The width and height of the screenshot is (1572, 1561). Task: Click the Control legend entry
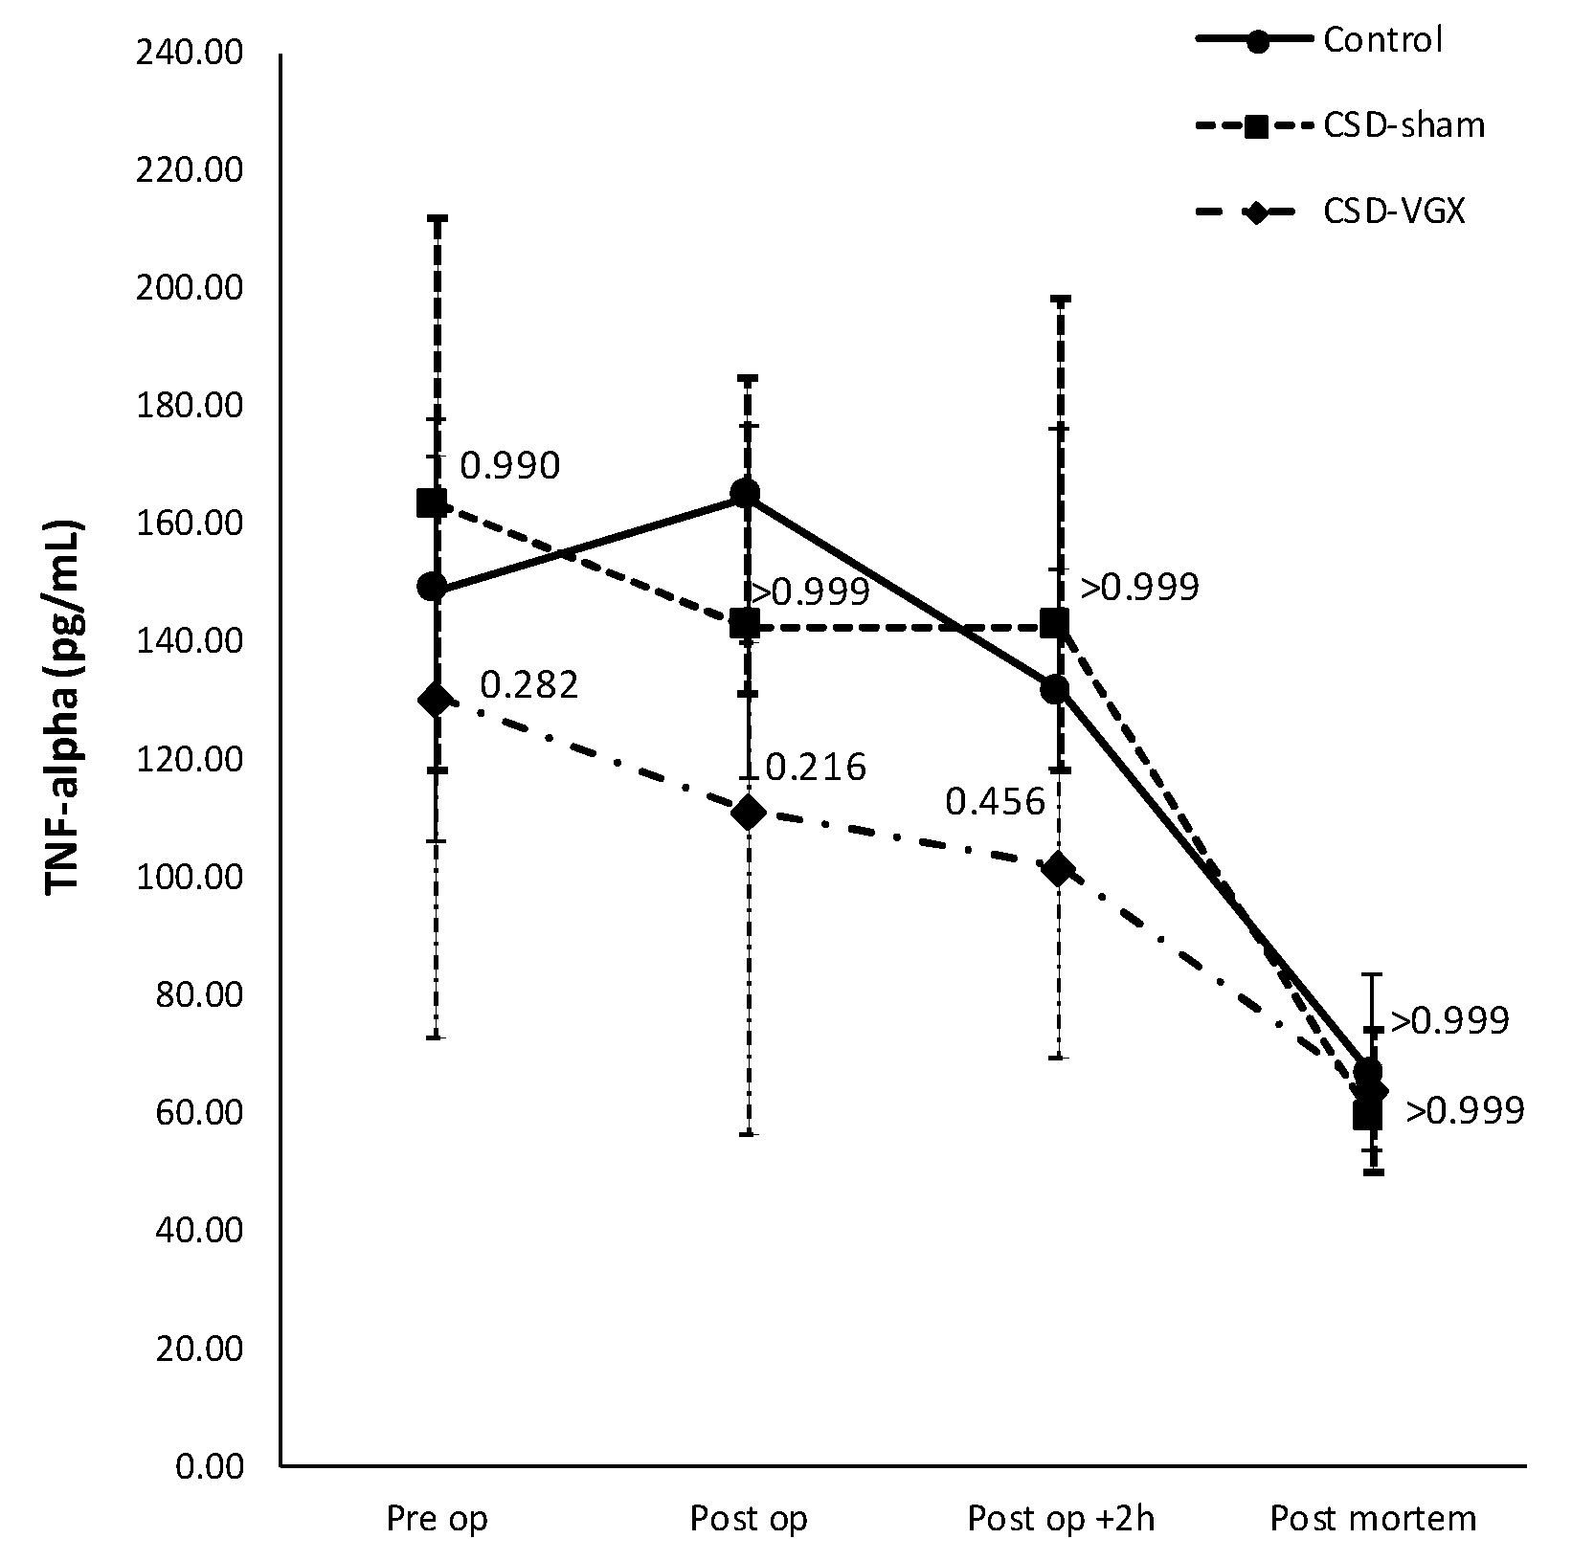point(1381,40)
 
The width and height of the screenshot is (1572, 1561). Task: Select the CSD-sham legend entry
point(1403,125)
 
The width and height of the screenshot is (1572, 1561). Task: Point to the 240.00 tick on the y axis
point(191,54)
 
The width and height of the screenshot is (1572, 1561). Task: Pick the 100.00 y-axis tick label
point(191,878)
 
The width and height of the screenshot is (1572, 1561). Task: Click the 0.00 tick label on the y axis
point(211,1466)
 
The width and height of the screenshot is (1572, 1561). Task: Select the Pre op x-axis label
point(437,1518)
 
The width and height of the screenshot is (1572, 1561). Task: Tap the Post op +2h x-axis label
point(1061,1518)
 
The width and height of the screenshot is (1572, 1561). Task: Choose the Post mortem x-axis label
point(1373,1518)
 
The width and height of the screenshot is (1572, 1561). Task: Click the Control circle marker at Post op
point(745,494)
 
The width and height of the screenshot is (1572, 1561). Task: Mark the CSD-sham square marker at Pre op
point(432,502)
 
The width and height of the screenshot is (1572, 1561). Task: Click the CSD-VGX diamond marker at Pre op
point(436,700)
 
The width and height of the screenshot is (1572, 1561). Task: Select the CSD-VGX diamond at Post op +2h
point(1059,869)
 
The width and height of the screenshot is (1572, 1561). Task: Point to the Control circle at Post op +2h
point(1055,689)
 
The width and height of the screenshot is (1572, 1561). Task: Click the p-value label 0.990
point(509,466)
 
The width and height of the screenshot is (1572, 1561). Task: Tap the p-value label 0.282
point(529,685)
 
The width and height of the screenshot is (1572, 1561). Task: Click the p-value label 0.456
point(996,801)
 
